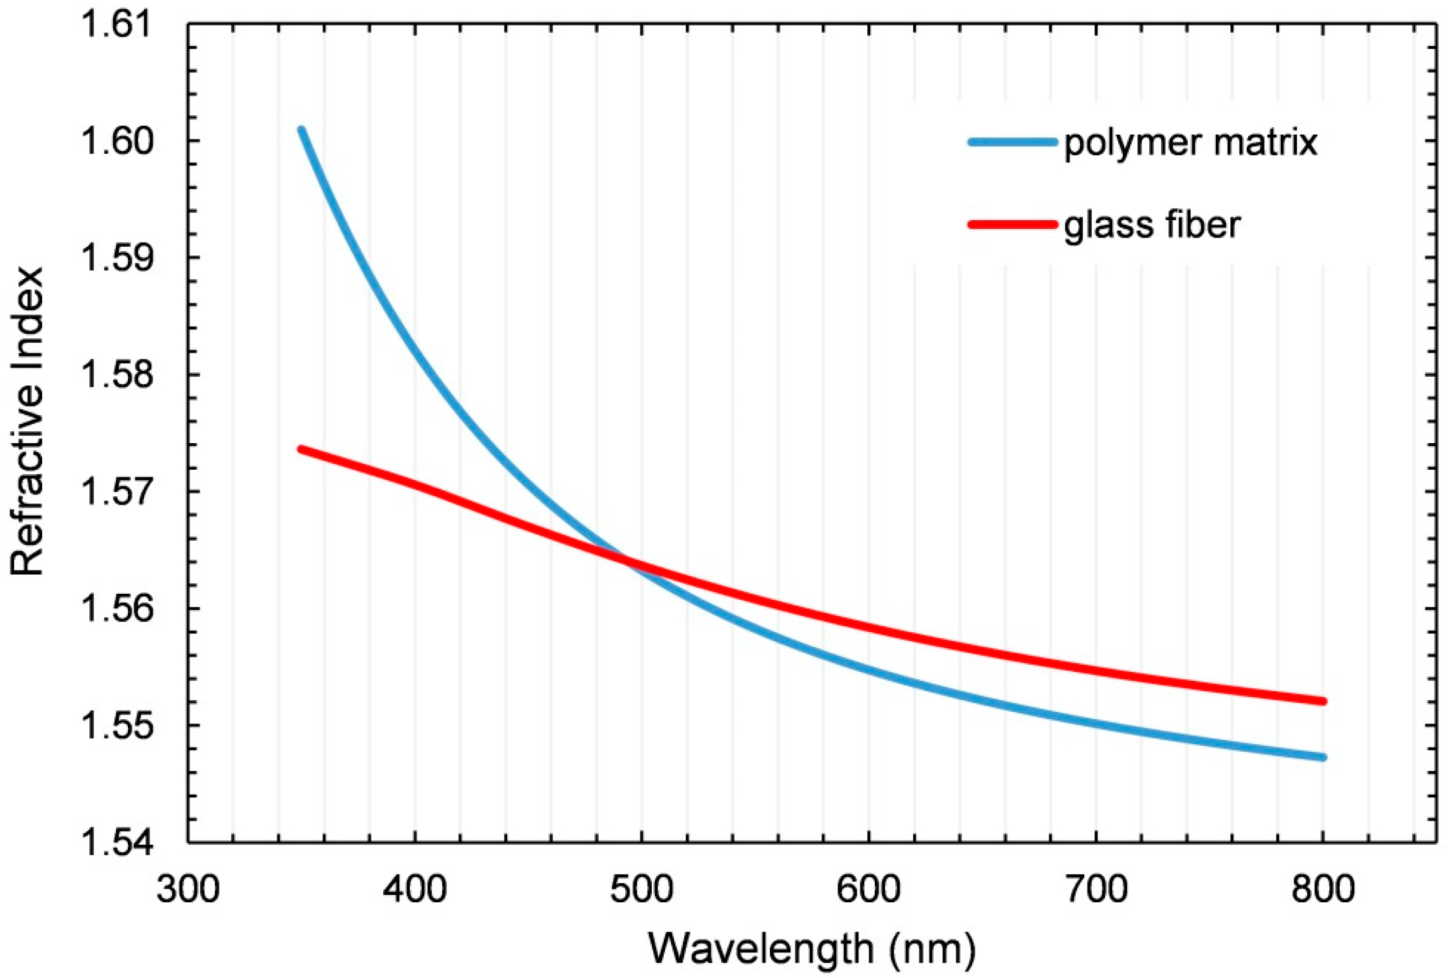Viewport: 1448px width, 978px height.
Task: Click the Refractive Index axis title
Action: click(28, 422)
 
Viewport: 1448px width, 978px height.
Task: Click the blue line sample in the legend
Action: click(1012, 142)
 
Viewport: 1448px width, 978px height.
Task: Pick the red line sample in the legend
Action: click(1012, 224)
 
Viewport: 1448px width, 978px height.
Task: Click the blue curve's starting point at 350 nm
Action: click(302, 130)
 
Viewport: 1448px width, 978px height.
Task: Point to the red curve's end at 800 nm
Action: click(1323, 701)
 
